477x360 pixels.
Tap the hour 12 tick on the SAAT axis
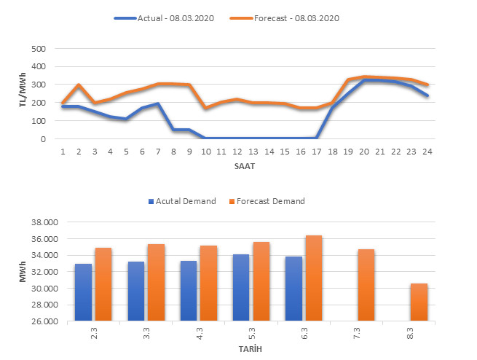[x=237, y=151]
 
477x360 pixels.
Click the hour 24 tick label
[x=428, y=151]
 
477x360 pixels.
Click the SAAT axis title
[x=245, y=165]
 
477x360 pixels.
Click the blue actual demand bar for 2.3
[x=84, y=291]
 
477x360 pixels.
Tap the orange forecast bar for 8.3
[x=418, y=302]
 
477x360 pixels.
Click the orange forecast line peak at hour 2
[x=79, y=85]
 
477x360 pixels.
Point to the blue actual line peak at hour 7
[x=157, y=103]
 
